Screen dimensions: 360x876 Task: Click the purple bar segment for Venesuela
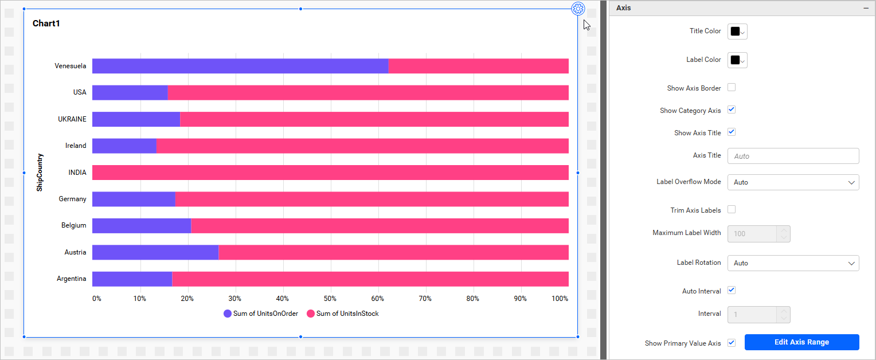click(240, 66)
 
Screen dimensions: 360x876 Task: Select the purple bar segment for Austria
click(155, 252)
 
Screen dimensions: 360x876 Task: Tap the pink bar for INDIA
click(330, 173)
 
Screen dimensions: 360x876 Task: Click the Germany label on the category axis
click(72, 199)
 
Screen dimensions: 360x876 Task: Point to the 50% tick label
click(330, 299)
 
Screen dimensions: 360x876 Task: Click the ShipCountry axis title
click(40, 172)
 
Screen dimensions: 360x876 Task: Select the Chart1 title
click(46, 24)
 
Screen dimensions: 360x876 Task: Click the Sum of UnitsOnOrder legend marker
click(228, 314)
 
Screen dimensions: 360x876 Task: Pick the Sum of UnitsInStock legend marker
click(311, 314)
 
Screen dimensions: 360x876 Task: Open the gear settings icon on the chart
click(578, 9)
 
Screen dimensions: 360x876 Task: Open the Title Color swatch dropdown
click(737, 32)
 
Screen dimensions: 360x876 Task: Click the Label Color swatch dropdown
click(737, 60)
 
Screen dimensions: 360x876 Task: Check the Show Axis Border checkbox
click(732, 88)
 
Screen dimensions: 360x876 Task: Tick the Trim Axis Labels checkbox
click(732, 210)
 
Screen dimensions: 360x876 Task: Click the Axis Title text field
click(793, 156)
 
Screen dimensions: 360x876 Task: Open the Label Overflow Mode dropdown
click(793, 182)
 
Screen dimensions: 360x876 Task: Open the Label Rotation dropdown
click(793, 263)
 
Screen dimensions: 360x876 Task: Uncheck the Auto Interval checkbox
click(732, 290)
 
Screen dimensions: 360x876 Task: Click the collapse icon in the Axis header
click(866, 8)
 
